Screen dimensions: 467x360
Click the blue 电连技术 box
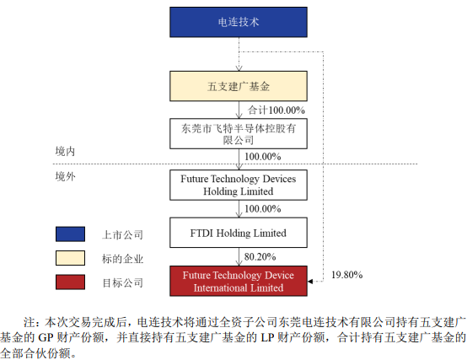pos(239,22)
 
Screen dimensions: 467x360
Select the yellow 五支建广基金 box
pos(239,86)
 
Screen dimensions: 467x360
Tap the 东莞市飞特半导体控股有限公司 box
pos(239,134)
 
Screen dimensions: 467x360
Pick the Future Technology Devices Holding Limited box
pos(239,185)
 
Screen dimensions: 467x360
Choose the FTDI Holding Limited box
pos(239,233)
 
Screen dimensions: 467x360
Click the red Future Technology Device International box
pos(239,281)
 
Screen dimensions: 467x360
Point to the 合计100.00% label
pos(276,110)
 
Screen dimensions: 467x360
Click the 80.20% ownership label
pos(260,256)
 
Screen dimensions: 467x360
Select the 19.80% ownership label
pos(347,275)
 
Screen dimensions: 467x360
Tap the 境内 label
pos(65,151)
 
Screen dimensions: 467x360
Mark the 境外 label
pos(65,176)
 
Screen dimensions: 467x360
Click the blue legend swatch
pos(70,234)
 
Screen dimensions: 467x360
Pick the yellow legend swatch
pos(70,258)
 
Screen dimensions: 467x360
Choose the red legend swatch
pos(70,282)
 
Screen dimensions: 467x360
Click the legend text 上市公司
pos(122,235)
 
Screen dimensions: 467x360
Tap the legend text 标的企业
pos(122,259)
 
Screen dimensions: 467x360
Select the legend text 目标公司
pos(122,283)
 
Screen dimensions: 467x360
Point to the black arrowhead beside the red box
pos(310,281)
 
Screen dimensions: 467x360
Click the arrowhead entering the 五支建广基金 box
pos(239,68)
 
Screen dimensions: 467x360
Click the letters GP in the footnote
pos(46,338)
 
